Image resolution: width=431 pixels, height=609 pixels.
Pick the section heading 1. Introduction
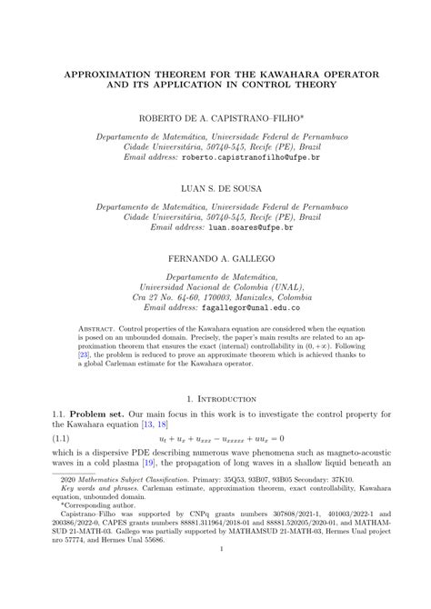tap(215, 398)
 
